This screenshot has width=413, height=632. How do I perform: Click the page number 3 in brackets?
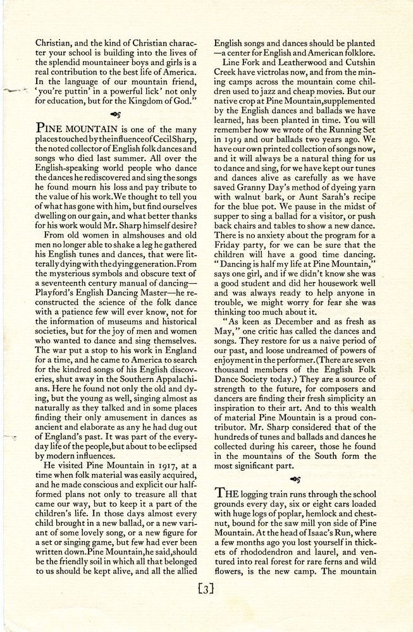206,590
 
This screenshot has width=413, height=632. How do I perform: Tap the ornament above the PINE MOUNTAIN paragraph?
114,114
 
